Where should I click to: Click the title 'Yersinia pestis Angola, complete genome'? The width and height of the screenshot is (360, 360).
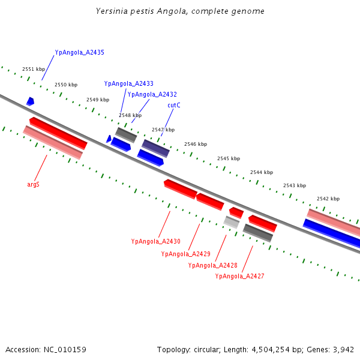180,11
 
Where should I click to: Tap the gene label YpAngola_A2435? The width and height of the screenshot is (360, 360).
79,53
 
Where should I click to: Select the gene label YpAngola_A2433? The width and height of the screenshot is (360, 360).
128,84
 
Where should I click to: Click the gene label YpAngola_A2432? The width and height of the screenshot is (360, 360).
152,95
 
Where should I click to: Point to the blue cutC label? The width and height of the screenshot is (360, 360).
174,106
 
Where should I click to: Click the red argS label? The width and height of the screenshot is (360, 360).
33,185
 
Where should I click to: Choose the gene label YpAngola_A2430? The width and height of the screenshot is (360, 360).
155,242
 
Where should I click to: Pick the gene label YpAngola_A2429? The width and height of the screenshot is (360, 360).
185,254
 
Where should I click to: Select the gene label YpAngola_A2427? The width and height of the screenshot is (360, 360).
239,277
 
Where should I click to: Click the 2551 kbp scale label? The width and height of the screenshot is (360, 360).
34,70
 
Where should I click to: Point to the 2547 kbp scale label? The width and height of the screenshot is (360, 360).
163,130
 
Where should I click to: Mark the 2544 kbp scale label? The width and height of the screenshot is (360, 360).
262,172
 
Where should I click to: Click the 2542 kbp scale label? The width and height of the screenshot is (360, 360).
328,199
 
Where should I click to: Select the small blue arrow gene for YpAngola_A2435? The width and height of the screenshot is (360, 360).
30,101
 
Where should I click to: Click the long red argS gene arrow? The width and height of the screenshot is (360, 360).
58,133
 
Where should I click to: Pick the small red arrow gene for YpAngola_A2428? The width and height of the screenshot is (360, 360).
236,212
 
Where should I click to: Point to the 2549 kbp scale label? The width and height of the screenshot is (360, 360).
98,100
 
